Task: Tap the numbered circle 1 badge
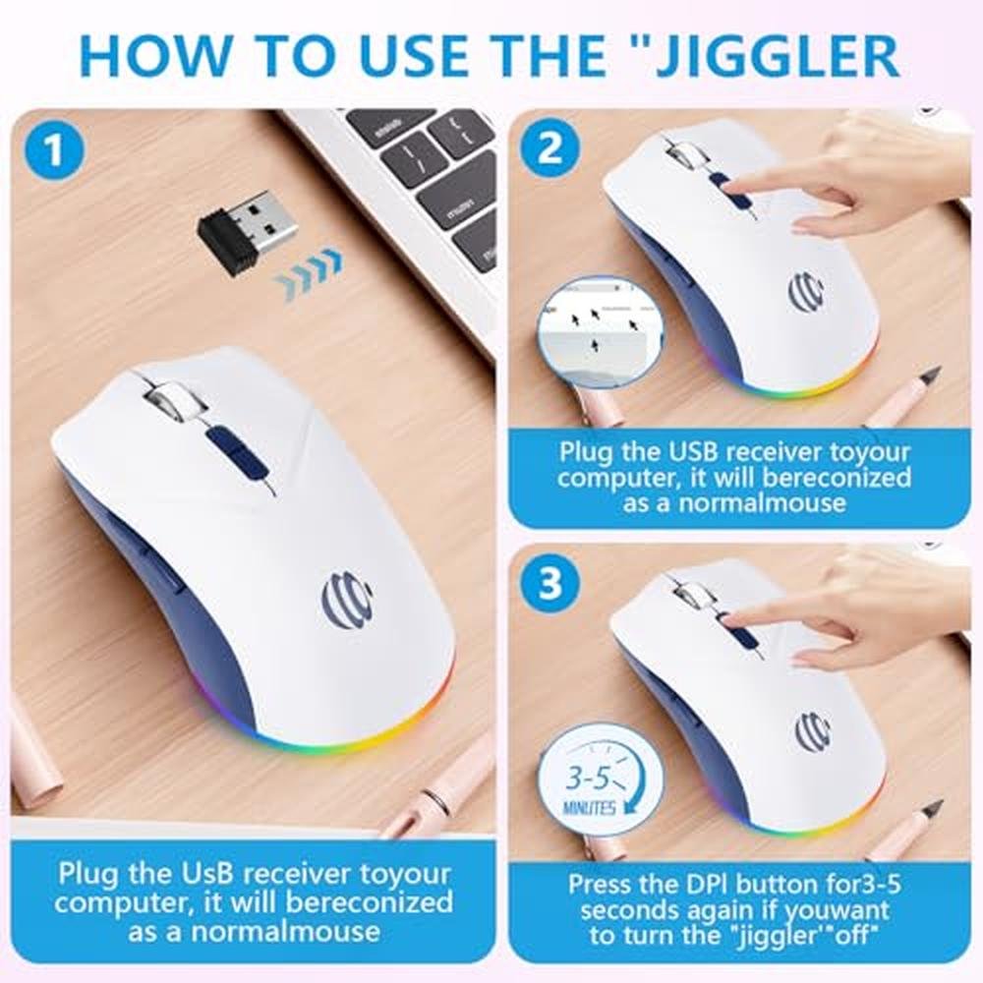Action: pyautogui.click(x=54, y=150)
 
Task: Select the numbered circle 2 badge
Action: pyautogui.click(x=549, y=149)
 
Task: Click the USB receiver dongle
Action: pyautogui.click(x=247, y=230)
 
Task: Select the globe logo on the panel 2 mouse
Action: pyautogui.click(x=806, y=291)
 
